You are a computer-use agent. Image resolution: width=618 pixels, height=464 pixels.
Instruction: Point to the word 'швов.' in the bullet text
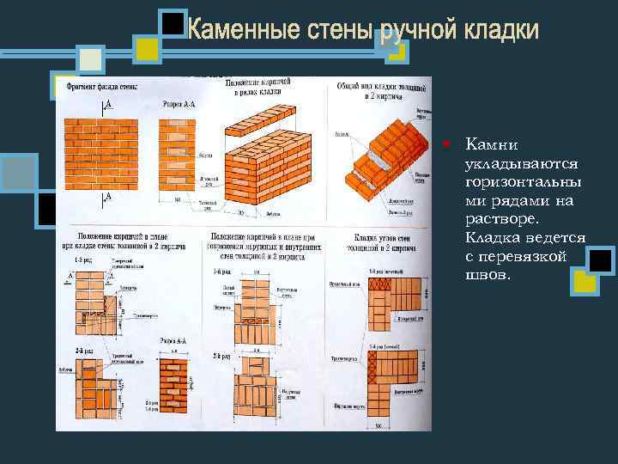pos(486,275)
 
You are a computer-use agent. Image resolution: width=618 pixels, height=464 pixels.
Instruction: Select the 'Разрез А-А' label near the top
pos(179,101)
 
